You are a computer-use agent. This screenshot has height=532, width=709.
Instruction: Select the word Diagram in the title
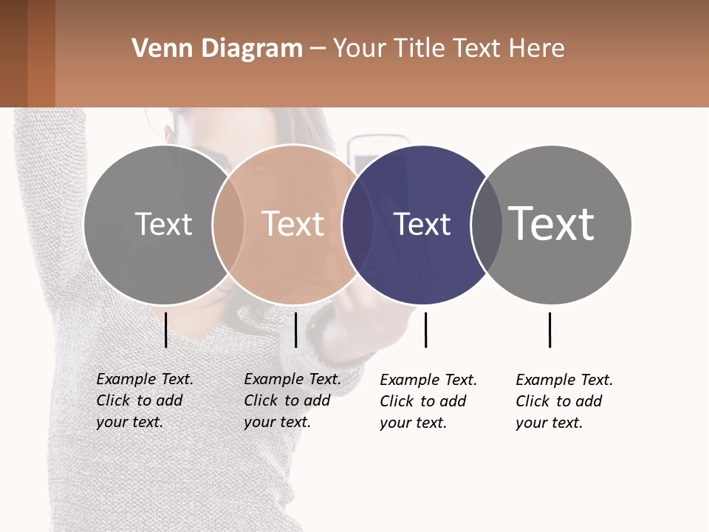tap(252, 49)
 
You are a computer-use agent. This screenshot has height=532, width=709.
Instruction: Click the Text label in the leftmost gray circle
tap(163, 224)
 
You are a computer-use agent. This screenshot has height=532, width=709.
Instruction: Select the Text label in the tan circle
tap(293, 224)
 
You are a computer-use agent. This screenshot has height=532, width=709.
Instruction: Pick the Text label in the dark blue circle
tap(422, 224)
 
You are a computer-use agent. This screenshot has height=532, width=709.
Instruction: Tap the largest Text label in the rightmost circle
tap(552, 223)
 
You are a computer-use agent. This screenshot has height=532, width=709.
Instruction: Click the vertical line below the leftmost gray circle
tap(165, 330)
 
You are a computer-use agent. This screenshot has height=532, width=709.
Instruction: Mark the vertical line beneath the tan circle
tap(295, 330)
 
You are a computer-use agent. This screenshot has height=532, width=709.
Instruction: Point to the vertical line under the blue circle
tap(425, 330)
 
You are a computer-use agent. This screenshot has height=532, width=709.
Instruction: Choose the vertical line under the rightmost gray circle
tap(549, 330)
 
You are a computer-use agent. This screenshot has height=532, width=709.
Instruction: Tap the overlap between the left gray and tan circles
tap(228, 225)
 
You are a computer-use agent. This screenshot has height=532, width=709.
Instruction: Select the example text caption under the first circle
tap(144, 400)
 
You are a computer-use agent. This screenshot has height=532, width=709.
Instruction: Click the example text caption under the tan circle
tap(292, 400)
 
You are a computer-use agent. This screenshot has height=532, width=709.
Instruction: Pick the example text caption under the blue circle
tap(428, 401)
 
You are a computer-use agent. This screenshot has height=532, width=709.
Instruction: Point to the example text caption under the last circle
tap(564, 401)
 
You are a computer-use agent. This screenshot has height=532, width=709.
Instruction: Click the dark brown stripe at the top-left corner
tap(13, 53)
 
